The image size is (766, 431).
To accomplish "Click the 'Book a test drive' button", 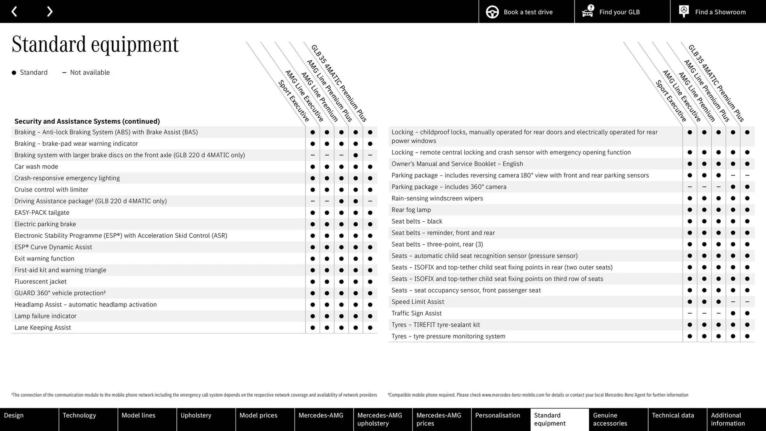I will pos(526,12).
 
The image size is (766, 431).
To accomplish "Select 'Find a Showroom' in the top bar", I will pos(718,12).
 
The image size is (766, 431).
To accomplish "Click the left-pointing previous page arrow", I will pos(14,12).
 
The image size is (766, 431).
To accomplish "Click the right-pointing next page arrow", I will pos(49,12).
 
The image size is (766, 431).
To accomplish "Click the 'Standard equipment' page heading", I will pos(95,44).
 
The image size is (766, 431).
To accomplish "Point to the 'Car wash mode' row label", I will pos(36,166).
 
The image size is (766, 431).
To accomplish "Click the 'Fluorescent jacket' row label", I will pos(40,281).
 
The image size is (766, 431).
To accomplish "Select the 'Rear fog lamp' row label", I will pos(411,210).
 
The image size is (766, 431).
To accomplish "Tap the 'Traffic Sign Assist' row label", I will pos(417,313).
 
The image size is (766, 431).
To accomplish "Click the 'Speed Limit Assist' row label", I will pos(418,302).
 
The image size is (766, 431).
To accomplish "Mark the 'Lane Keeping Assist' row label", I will pos(43,327).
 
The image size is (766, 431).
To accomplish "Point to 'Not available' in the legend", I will pos(89,72).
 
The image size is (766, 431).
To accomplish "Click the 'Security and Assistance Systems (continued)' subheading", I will pos(87,121).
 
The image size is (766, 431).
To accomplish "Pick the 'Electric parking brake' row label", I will pos(45,224).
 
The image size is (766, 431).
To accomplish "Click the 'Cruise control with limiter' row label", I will pos(51,190).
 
